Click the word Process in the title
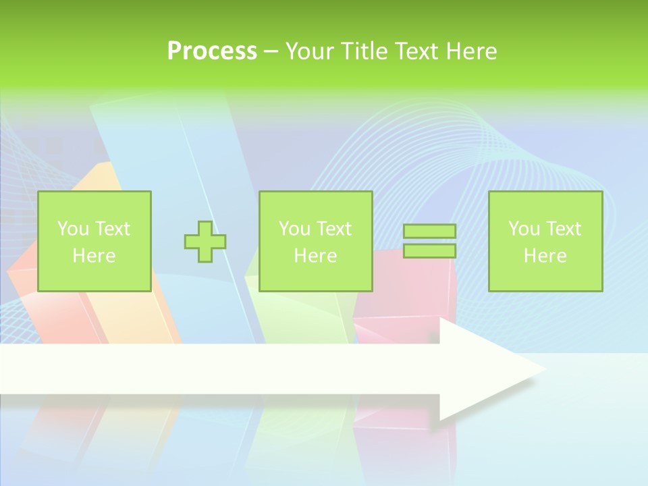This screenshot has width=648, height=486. (x=212, y=51)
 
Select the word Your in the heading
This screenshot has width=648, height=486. (x=310, y=51)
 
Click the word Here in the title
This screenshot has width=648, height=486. (x=470, y=51)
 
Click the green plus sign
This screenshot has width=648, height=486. (x=205, y=242)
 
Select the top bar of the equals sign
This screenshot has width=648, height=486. (x=429, y=232)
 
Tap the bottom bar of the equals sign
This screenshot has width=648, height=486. (x=429, y=251)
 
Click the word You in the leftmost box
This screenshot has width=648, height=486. (x=72, y=229)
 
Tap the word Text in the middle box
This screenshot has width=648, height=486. (x=334, y=229)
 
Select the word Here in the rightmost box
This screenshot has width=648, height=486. (x=545, y=256)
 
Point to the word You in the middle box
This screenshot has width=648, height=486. (x=294, y=229)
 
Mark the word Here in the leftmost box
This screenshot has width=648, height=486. (x=94, y=256)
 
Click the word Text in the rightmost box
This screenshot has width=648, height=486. (x=564, y=229)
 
